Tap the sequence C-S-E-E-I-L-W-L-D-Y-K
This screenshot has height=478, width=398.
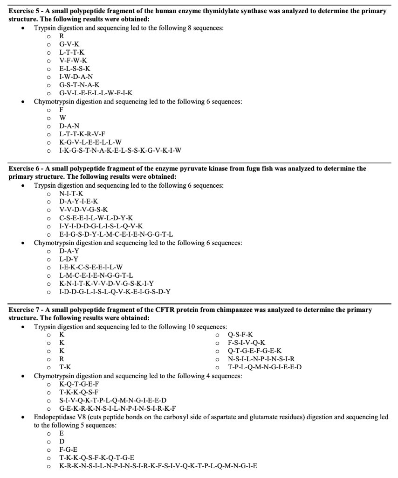(96, 218)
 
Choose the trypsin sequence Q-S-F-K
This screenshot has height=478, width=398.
(240, 335)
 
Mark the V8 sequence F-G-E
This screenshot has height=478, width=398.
(68, 450)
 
